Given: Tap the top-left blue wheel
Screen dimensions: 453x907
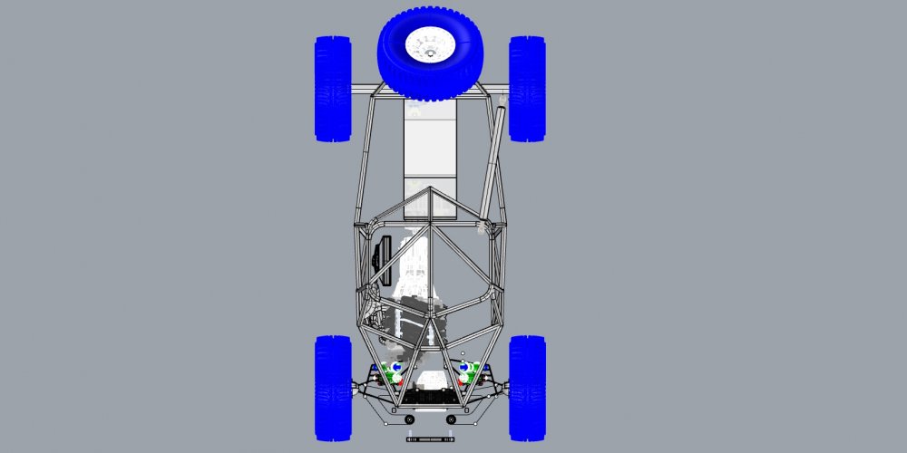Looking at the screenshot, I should (333, 88).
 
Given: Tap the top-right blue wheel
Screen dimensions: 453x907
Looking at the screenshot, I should (527, 88).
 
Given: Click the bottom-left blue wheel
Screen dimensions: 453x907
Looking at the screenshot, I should (333, 388).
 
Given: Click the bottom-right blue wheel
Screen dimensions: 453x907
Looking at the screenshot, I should (527, 388).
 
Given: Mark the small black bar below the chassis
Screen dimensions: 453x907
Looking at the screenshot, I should (430, 439).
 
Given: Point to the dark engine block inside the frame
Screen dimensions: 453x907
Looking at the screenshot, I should (413, 322).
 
